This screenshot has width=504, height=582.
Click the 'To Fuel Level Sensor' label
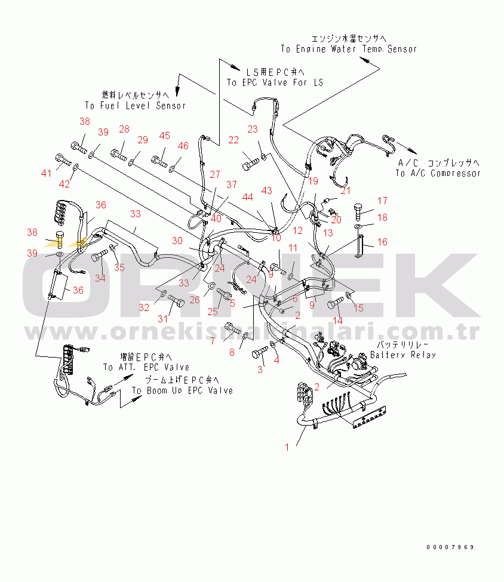click(135, 106)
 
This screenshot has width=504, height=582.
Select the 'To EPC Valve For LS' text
click(275, 82)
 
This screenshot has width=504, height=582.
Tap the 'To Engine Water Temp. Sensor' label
click(349, 49)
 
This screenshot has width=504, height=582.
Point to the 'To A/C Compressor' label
click(438, 173)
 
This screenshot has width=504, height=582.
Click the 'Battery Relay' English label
click(403, 355)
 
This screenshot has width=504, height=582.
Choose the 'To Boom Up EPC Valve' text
click(182, 390)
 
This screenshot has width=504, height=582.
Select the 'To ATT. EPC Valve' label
click(146, 367)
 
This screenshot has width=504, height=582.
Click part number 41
click(47, 173)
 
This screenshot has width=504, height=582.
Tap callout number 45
click(164, 136)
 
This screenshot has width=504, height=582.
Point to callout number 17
click(382, 201)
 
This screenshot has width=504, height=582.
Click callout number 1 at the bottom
click(287, 446)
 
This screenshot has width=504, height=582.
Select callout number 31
click(163, 318)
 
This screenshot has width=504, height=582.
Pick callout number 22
click(233, 140)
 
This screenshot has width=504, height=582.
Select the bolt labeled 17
click(359, 209)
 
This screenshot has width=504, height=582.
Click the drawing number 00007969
click(450, 547)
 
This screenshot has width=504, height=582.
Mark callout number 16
click(382, 242)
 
